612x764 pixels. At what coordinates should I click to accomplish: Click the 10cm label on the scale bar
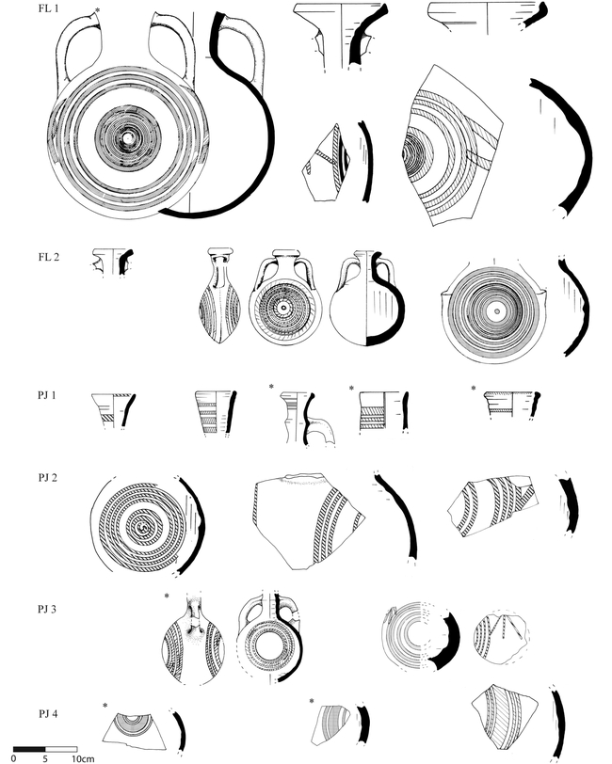point(82,757)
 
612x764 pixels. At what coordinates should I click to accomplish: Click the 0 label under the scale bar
point(15,757)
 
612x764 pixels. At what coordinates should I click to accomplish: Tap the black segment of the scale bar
point(29,748)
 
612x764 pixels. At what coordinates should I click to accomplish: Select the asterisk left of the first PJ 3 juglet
point(166,596)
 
